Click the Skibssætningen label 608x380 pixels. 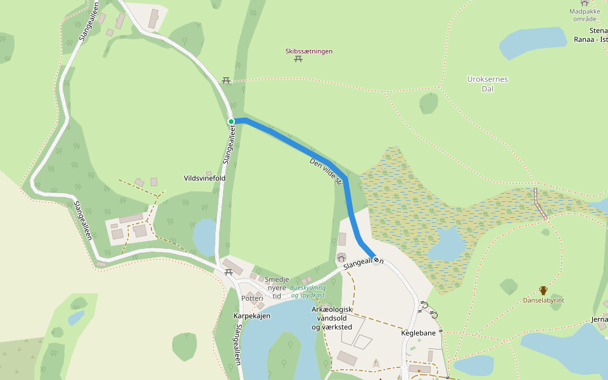click(x=309, y=51)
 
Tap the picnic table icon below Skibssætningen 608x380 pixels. click(x=298, y=60)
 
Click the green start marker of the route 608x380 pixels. click(x=231, y=121)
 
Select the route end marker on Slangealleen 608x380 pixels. click(x=376, y=260)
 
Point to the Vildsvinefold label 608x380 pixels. click(x=205, y=179)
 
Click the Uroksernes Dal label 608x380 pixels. click(x=488, y=84)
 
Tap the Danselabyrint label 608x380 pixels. click(x=543, y=300)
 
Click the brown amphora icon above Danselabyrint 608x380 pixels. click(x=543, y=290)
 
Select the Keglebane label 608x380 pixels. click(x=418, y=332)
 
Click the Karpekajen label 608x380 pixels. click(x=252, y=315)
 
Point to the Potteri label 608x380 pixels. click(x=252, y=298)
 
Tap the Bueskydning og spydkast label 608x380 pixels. click(x=308, y=291)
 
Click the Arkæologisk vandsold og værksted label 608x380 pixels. click(x=332, y=318)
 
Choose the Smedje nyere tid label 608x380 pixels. click(x=277, y=288)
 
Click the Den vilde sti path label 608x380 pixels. click(x=326, y=172)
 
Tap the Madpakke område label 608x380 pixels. click(x=584, y=15)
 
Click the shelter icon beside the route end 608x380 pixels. click(x=342, y=257)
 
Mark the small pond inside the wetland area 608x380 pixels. click(x=449, y=243)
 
